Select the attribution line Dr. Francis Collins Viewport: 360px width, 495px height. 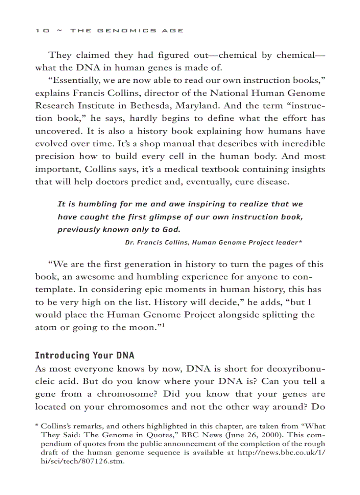tap(213, 242)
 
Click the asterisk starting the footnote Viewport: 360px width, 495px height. tap(37, 427)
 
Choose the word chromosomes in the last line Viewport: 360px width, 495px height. tap(150, 407)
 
